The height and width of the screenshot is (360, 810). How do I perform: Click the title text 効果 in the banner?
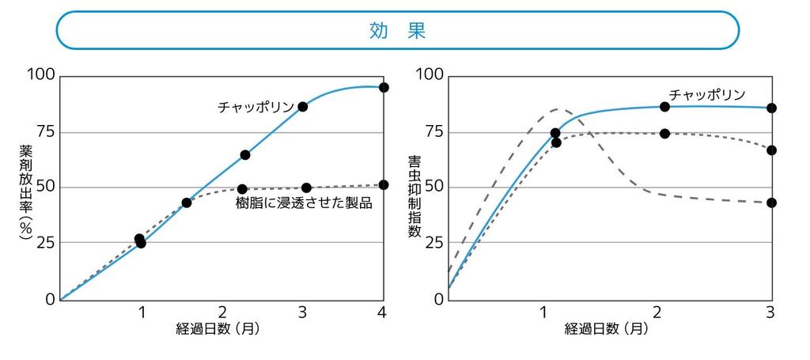[397, 31]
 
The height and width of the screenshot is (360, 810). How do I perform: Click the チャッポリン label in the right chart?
[707, 94]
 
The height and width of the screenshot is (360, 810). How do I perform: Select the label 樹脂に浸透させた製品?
[304, 203]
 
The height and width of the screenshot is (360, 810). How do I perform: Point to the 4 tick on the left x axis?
[382, 312]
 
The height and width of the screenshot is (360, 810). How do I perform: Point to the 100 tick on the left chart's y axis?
[40, 75]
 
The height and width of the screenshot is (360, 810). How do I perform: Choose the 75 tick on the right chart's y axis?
[432, 131]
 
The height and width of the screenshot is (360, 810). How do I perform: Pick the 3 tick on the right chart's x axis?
[770, 312]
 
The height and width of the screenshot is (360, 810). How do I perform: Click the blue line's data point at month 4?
[384, 87]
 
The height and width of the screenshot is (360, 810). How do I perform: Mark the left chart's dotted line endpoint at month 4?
[384, 184]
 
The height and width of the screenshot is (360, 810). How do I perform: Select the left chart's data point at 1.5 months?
[187, 203]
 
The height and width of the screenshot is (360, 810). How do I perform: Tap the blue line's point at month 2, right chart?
[664, 107]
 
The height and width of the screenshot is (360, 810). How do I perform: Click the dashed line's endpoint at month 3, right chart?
[771, 203]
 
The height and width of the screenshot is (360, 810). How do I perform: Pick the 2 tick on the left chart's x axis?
[221, 312]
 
